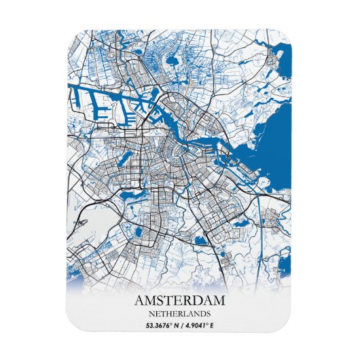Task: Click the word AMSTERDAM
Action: point(180,301)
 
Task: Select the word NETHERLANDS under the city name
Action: point(180,314)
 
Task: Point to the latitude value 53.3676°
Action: point(160,326)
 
